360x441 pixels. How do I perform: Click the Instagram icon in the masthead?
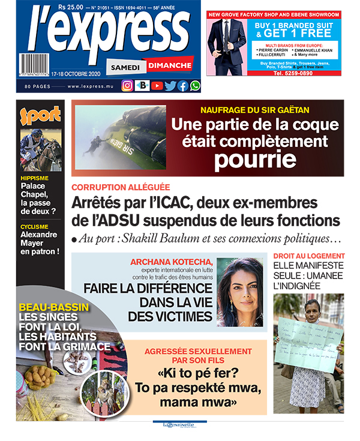coord(127,85)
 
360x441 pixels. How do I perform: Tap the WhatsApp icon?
coord(195,85)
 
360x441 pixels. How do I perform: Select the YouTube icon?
coord(157,85)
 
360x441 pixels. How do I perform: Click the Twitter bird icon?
coord(170,85)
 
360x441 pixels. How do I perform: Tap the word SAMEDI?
coord(125,68)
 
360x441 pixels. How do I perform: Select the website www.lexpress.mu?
coord(91,86)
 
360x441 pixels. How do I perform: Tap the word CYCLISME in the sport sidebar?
coord(39,226)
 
